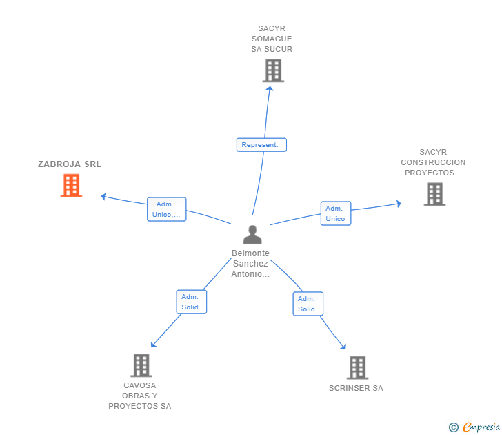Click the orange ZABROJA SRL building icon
pyautogui.click(x=71, y=186)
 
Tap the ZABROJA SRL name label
pyautogui.click(x=70, y=164)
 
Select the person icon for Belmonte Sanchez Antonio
pyautogui.click(x=252, y=235)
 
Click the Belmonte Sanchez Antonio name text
pyautogui.click(x=250, y=264)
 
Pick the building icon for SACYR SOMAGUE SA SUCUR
pyautogui.click(x=273, y=70)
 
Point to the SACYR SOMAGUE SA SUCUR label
pyautogui.click(x=272, y=39)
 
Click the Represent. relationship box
pyautogui.click(x=261, y=145)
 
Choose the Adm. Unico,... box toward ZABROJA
pyautogui.click(x=167, y=209)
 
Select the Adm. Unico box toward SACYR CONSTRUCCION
pyautogui.click(x=336, y=213)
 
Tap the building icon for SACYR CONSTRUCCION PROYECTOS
pyautogui.click(x=434, y=194)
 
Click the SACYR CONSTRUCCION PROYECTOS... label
pyautogui.click(x=433, y=163)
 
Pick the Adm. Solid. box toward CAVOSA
pyautogui.click(x=191, y=302)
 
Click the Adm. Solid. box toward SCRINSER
pyautogui.click(x=308, y=304)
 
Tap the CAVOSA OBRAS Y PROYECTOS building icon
pyautogui.click(x=141, y=365)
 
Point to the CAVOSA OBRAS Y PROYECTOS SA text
pyautogui.click(x=140, y=396)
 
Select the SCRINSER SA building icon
pyautogui.click(x=357, y=367)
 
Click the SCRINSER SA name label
pyautogui.click(x=356, y=388)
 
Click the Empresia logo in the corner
pyautogui.click(x=481, y=427)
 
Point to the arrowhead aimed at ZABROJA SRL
pyautogui.click(x=103, y=197)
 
